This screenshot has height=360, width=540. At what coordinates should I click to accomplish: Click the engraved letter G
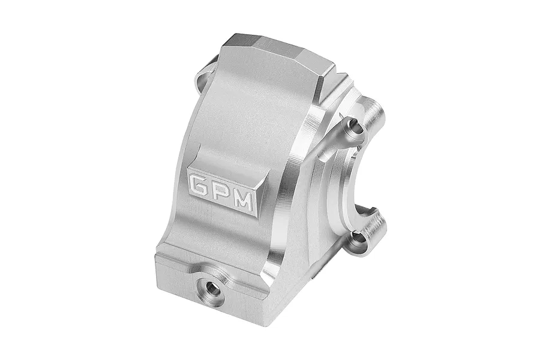[199, 184]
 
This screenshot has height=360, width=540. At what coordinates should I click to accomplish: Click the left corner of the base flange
[157, 259]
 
